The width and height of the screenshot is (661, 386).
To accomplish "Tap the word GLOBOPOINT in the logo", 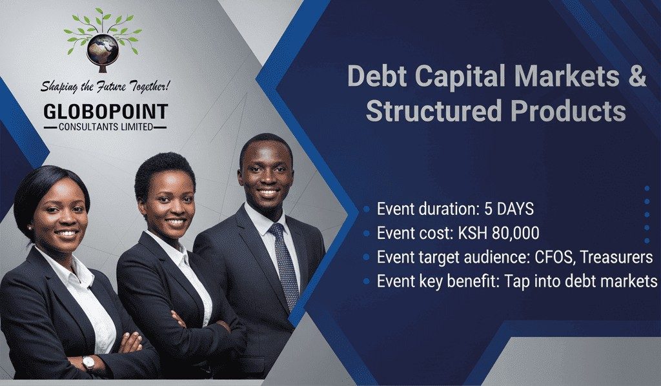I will tap(105, 112).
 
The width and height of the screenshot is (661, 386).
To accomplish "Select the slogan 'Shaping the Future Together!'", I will tap(105, 86).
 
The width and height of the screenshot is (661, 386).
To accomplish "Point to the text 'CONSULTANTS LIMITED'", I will tap(105, 127).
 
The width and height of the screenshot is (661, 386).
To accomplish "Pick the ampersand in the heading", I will tap(633, 76).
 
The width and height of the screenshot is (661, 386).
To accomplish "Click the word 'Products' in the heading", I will tap(568, 110).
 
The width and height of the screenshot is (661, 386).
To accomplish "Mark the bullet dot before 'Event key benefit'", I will tap(366, 281).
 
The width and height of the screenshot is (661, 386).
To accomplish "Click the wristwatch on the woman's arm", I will tap(88, 363).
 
